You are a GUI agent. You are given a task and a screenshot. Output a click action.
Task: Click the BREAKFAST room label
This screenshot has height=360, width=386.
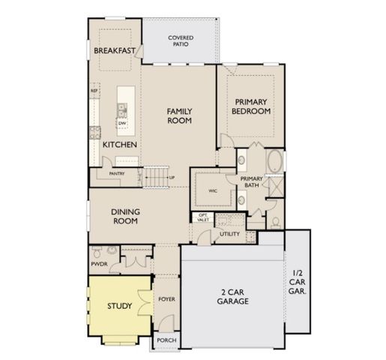[x=115, y=50]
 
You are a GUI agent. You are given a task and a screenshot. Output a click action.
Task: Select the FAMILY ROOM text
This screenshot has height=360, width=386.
[x=180, y=115]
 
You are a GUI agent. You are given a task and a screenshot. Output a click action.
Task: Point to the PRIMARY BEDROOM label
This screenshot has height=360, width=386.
[x=252, y=106]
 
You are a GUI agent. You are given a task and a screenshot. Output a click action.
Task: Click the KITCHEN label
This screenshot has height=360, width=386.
[x=118, y=143]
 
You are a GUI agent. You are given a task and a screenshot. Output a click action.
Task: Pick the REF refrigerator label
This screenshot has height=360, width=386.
[x=94, y=91]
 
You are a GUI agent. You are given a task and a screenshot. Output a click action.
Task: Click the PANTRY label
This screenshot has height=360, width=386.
[x=115, y=173]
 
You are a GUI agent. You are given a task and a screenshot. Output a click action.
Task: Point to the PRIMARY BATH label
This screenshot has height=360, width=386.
[x=250, y=182]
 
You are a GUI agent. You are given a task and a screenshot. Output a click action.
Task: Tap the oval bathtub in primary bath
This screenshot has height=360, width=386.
[x=275, y=161]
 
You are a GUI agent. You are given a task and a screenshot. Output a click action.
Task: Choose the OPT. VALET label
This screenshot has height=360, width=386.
[x=202, y=218]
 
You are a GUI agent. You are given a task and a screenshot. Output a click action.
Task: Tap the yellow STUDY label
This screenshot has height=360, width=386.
[x=118, y=305]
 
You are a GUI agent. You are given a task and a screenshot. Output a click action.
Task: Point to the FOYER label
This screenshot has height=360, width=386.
[x=166, y=299]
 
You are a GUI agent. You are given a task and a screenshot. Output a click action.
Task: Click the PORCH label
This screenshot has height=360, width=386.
[x=166, y=340]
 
